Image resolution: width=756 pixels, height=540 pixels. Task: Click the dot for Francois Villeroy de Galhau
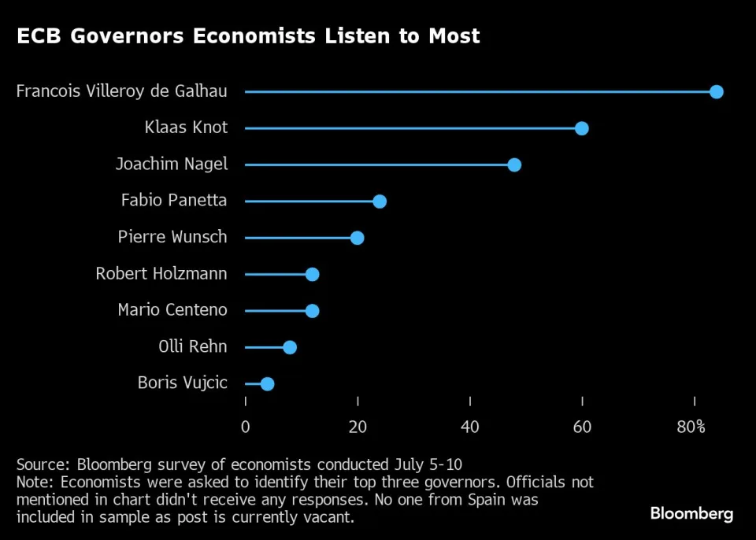(x=716, y=91)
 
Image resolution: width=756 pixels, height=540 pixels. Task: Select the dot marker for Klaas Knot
(x=581, y=128)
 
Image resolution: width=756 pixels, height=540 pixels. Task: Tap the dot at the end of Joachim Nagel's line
(x=514, y=165)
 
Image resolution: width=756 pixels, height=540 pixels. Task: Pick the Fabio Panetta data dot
(x=380, y=202)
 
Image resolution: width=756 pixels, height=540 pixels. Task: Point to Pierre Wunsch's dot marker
(x=357, y=238)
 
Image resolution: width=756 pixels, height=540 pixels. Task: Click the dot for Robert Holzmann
(x=312, y=274)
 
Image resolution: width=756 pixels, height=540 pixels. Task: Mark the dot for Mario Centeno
(x=312, y=310)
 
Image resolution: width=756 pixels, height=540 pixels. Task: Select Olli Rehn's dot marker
(x=290, y=347)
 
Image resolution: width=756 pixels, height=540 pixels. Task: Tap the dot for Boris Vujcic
(x=267, y=383)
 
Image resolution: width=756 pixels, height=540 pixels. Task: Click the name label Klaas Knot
(x=186, y=128)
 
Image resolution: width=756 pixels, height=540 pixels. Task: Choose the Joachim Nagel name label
(x=171, y=164)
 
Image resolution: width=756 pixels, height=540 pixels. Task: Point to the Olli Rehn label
(x=193, y=346)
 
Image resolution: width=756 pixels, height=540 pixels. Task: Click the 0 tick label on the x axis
(x=245, y=427)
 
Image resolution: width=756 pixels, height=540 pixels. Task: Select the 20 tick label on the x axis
(x=358, y=427)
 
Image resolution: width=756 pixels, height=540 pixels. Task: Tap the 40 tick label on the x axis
(x=470, y=427)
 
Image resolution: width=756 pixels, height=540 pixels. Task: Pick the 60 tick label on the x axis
(x=582, y=427)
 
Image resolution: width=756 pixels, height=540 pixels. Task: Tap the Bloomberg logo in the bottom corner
(x=691, y=514)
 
